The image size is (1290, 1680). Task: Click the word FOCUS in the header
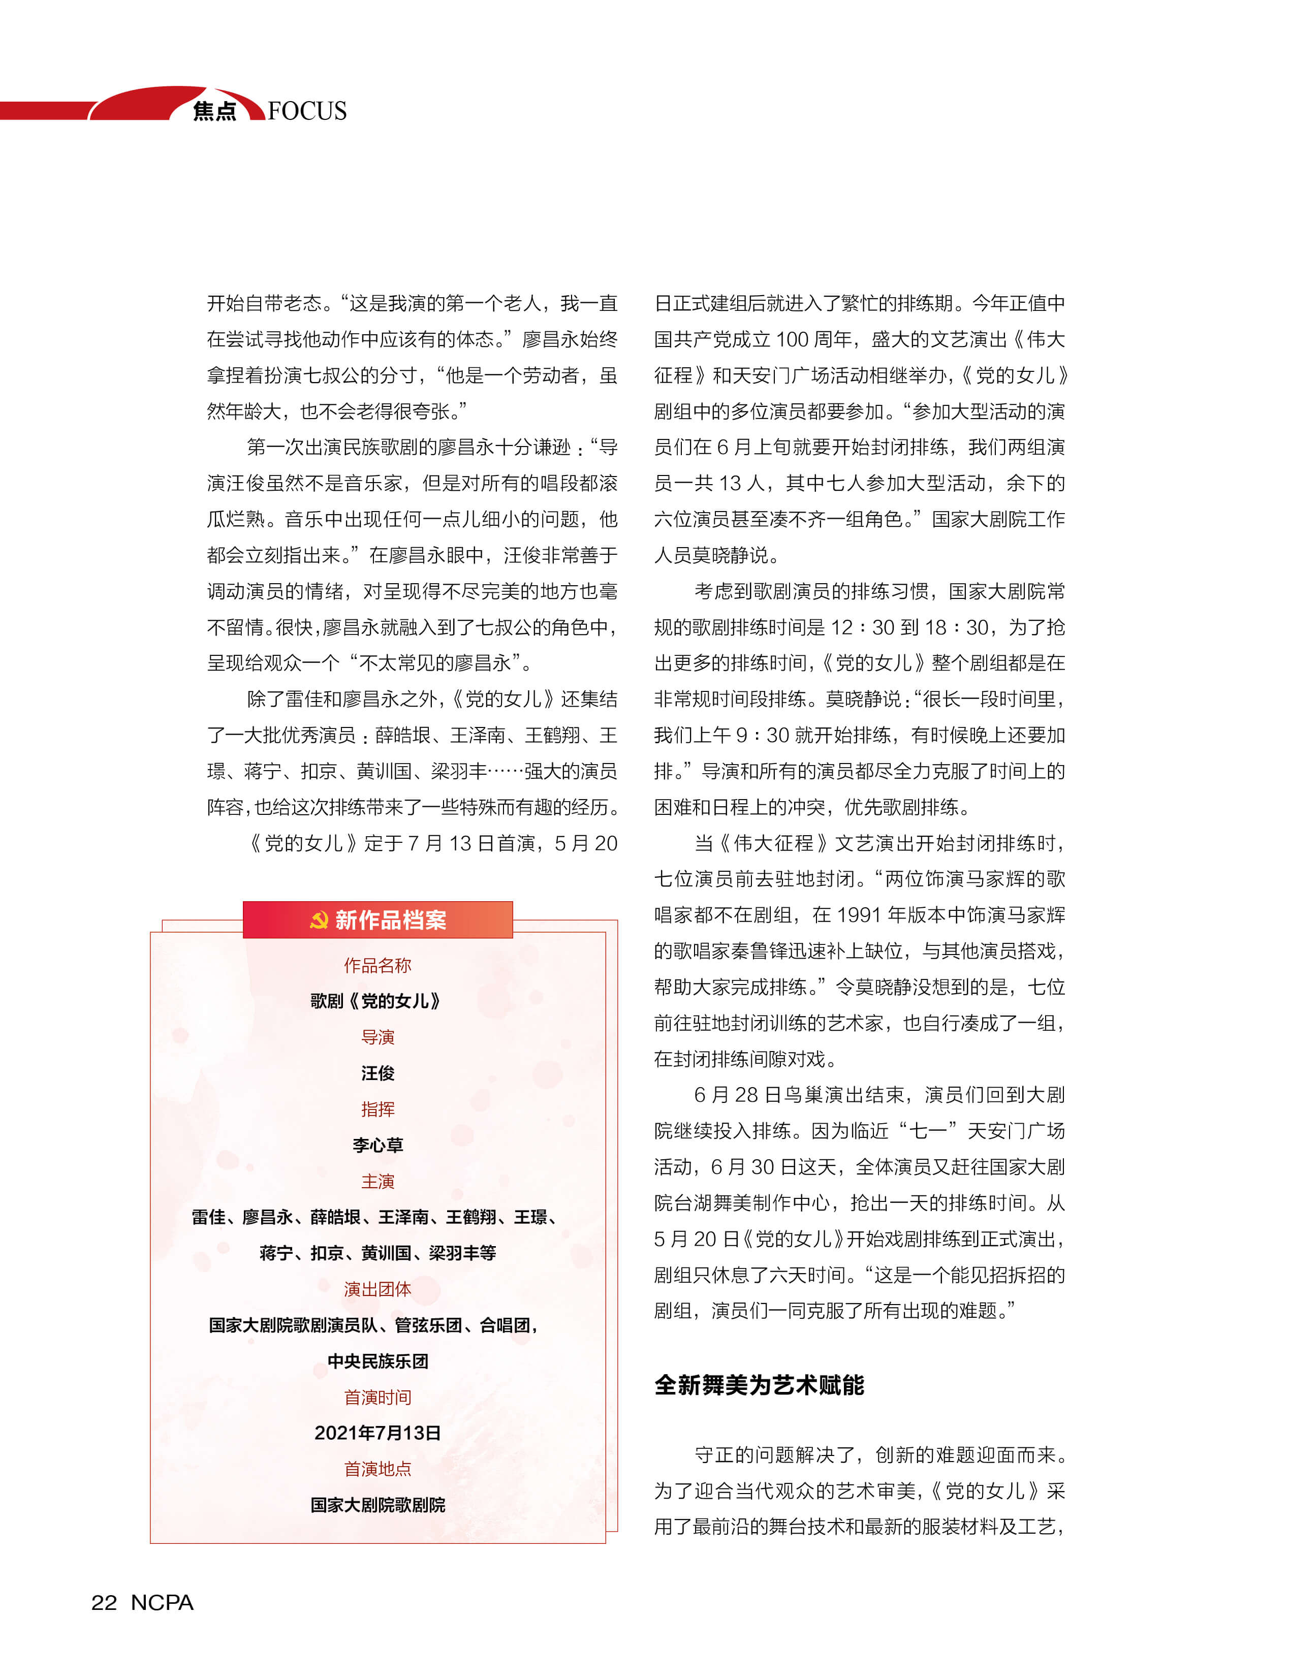307,111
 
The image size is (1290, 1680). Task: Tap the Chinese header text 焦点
214,111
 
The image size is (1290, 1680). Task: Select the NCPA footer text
162,1602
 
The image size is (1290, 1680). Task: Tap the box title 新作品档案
390,920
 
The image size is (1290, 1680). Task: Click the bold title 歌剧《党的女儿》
375,1001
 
